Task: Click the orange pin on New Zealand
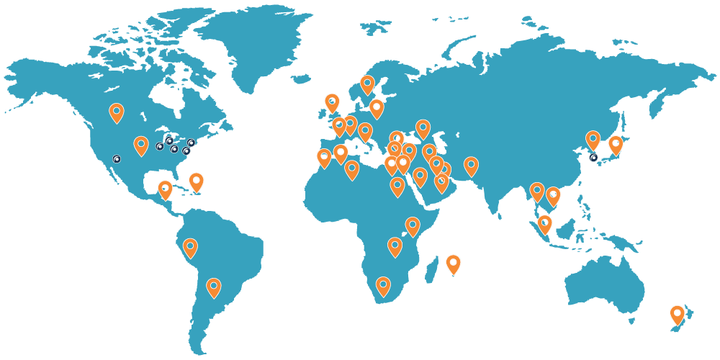point(677,314)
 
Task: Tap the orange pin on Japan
point(616,144)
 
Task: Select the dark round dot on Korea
point(593,157)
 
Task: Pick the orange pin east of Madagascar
point(453,264)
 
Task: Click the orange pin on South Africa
point(383,286)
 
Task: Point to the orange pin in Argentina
point(213,287)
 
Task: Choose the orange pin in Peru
point(190,248)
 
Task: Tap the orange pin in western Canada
point(117,112)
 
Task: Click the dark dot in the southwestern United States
point(117,158)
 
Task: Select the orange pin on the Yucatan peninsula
point(166,189)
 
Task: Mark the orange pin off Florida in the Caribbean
point(196,181)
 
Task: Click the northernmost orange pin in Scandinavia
point(367,84)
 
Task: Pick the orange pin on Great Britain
point(332,102)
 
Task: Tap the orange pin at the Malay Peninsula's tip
point(544,224)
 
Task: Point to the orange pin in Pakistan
point(471,166)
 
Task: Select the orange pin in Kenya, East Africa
point(413,226)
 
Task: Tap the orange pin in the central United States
point(141,145)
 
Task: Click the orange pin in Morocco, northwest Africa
point(324,158)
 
